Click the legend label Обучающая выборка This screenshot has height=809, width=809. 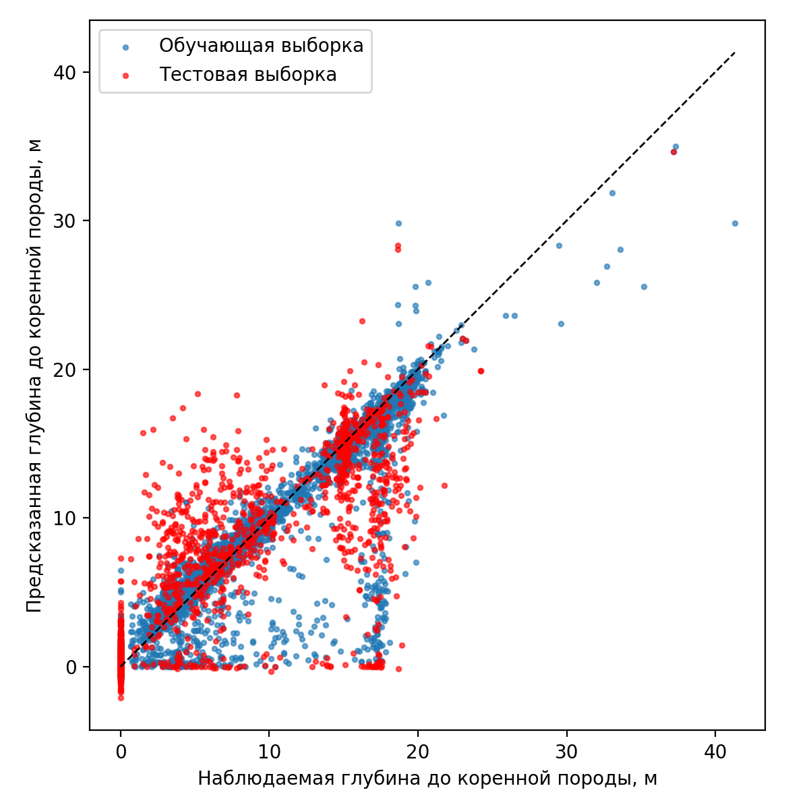261,46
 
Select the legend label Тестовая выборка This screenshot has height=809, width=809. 247,75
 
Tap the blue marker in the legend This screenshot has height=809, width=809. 125,47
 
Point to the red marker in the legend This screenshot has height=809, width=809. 125,76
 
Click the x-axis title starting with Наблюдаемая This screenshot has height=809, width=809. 427,779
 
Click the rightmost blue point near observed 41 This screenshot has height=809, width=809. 735,223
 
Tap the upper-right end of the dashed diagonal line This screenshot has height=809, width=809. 735,52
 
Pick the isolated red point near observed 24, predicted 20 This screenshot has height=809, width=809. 481,371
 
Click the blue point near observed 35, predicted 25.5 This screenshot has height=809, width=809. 644,287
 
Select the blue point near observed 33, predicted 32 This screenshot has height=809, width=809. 612,193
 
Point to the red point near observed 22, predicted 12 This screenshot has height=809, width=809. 444,485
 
